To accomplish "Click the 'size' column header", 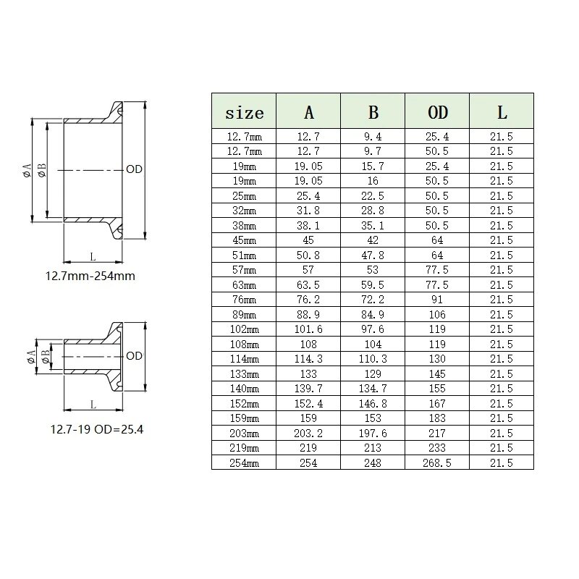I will pyautogui.click(x=244, y=112).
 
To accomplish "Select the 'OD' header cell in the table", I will pyautogui.click(x=437, y=112).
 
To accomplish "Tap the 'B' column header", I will pyautogui.click(x=373, y=112).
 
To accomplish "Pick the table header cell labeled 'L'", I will pyautogui.click(x=502, y=112).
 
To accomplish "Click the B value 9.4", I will pyautogui.click(x=373, y=136).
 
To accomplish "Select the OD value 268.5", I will pyautogui.click(x=437, y=462).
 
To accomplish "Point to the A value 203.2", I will pyautogui.click(x=308, y=433).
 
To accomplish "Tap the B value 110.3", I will pyautogui.click(x=373, y=359).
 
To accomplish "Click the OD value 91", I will pyautogui.click(x=437, y=300).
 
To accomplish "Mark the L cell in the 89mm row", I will pyautogui.click(x=502, y=314).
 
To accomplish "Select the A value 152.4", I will pyautogui.click(x=308, y=403).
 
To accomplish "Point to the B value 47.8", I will pyautogui.click(x=373, y=255).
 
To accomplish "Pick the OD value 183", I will pyautogui.click(x=437, y=418).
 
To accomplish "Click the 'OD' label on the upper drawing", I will pyautogui.click(x=133, y=169).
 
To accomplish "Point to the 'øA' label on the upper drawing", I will pyautogui.click(x=26, y=170).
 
